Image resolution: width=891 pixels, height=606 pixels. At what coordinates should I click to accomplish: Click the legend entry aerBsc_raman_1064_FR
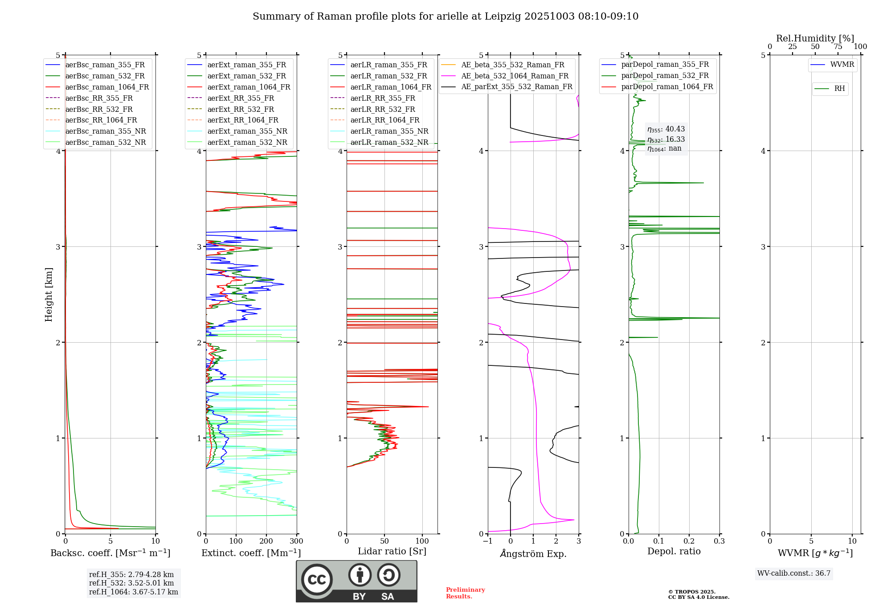(x=107, y=87)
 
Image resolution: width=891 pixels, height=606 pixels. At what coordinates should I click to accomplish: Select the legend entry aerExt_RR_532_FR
(x=241, y=109)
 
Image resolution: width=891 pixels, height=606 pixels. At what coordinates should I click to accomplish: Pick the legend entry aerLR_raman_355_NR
(x=389, y=131)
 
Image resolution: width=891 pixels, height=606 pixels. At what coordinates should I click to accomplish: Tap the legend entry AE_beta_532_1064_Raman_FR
(x=515, y=76)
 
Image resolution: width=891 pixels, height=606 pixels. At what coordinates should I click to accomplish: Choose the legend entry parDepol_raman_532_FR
(x=665, y=76)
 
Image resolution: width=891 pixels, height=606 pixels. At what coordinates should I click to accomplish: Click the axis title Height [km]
(x=49, y=295)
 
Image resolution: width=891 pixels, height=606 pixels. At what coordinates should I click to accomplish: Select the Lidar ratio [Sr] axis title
(x=392, y=552)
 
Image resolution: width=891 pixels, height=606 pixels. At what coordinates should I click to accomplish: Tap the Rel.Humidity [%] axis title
(x=815, y=38)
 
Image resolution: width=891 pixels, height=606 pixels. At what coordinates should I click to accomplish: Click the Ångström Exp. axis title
(x=533, y=554)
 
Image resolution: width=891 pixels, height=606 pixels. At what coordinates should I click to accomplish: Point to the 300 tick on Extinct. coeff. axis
(x=297, y=541)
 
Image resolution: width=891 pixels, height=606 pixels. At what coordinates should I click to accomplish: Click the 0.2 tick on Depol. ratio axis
(x=689, y=541)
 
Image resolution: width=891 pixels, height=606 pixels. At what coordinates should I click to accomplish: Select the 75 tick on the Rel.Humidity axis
(x=838, y=47)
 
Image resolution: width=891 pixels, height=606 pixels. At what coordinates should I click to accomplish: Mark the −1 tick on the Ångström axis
(x=488, y=541)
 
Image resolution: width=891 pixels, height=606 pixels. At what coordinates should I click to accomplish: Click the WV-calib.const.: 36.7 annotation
(x=794, y=573)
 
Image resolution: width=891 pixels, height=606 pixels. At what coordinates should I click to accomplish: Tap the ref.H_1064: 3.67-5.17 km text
(x=133, y=592)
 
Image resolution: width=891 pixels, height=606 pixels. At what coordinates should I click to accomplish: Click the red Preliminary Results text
(x=465, y=593)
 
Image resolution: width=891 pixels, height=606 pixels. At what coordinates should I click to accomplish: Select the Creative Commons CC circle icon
(x=317, y=580)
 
